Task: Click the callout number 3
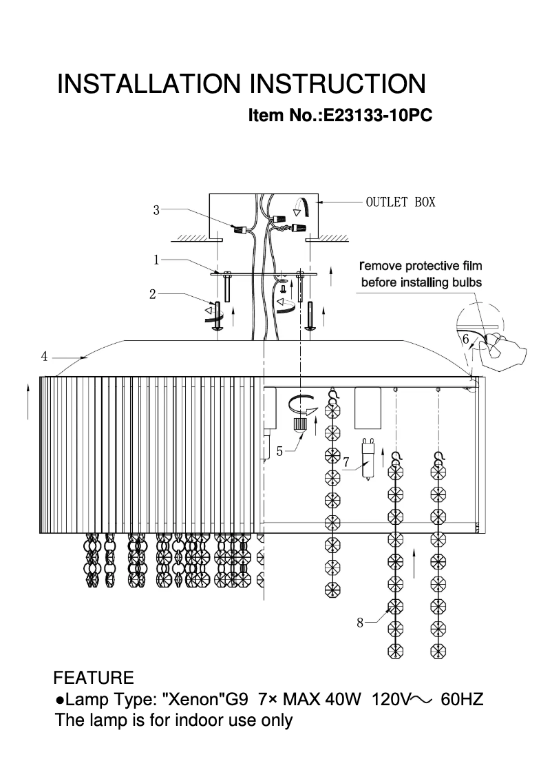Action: [x=156, y=210]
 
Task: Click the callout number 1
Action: [x=156, y=260]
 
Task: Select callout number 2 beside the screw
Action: [x=152, y=294]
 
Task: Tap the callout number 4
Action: [x=44, y=356]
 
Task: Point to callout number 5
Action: [x=279, y=451]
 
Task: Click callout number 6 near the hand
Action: [x=465, y=338]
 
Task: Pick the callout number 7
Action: [x=346, y=461]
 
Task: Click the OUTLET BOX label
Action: [x=400, y=202]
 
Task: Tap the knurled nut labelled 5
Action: [x=299, y=424]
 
